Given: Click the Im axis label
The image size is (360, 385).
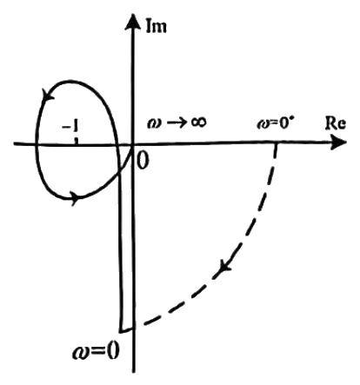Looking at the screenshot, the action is pos(156,25).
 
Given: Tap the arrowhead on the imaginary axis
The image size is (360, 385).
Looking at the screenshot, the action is pos(132,22).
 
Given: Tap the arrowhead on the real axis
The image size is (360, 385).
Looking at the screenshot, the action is pos(338,143).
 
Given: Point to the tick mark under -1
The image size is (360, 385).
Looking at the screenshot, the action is pos(77,140).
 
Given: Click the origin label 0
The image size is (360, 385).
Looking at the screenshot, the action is pos(143,161).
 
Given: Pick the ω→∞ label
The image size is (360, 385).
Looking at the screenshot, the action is pos(177,123).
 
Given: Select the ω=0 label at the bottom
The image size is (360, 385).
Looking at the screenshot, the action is pos(96,351).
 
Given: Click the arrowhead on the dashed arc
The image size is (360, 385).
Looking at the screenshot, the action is pos(224,267).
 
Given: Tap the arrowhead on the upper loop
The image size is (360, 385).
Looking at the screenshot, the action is pos(48,95).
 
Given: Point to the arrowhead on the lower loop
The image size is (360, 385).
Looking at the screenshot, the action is pos(75,197).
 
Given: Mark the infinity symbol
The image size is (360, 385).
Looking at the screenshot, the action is pos(198,122).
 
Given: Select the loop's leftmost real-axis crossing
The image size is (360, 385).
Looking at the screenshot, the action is pos(37,143).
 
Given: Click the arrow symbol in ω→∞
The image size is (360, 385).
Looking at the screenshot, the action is pos(174,123).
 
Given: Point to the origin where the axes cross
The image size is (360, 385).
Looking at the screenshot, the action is pos(133,143).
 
